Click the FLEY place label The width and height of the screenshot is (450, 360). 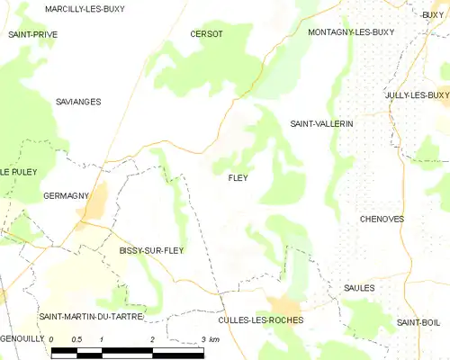tap(238, 178)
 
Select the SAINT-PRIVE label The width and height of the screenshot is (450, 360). tap(32, 34)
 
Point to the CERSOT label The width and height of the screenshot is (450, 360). tap(206, 34)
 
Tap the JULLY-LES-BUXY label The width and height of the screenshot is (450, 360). tap(417, 95)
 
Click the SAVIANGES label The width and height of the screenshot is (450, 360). tap(78, 102)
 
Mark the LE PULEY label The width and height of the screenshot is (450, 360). tap(18, 171)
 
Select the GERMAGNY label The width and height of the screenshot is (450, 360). tap(66, 195)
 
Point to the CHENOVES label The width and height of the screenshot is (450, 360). tap(382, 219)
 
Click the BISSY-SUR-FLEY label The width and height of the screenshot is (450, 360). tap(151, 250)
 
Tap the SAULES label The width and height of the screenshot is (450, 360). tap(359, 288)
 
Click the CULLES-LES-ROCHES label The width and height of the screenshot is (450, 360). tap(261, 319)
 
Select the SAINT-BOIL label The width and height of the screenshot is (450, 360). tap(418, 322)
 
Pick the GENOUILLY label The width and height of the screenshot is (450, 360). tap(22, 339)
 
